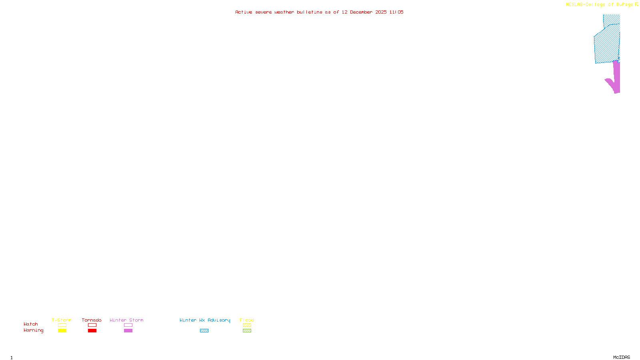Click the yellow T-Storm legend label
pos(62,320)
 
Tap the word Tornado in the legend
pos(92,320)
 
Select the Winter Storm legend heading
pos(126,320)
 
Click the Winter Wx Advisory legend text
pos(205,320)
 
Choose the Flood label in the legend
pos(247,320)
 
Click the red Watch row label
pos(31,324)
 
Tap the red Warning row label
pos(33,330)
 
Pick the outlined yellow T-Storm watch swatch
pos(62,325)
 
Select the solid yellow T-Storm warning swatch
pos(62,331)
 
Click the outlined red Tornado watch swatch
pos(92,325)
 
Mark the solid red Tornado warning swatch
pos(92,331)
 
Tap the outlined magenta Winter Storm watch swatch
pos(128,325)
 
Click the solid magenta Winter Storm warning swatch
pos(128,331)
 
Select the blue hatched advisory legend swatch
pos(204,331)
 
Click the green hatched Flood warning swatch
pos(247,331)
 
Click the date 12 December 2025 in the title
pos(364,12)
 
